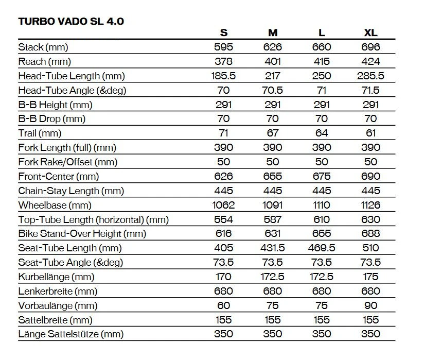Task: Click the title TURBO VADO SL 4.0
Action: click(71, 21)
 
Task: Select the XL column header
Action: click(370, 32)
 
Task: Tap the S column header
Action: click(223, 32)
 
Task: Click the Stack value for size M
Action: click(273, 47)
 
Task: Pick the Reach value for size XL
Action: click(370, 61)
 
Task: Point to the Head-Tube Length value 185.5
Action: click(223, 76)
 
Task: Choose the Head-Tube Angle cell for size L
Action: click(322, 90)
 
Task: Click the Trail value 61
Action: click(370, 133)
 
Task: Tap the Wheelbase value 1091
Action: click(273, 205)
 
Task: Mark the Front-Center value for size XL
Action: click(370, 176)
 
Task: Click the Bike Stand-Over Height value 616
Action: click(223, 233)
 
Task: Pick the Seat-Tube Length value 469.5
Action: click(322, 248)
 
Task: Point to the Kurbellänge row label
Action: click(56, 277)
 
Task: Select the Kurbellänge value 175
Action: click(370, 277)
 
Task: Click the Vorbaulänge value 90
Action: click(370, 305)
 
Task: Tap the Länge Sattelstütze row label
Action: click(70, 334)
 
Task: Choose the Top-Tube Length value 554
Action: click(223, 219)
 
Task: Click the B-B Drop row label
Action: click(51, 118)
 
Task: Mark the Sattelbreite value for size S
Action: click(223, 320)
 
